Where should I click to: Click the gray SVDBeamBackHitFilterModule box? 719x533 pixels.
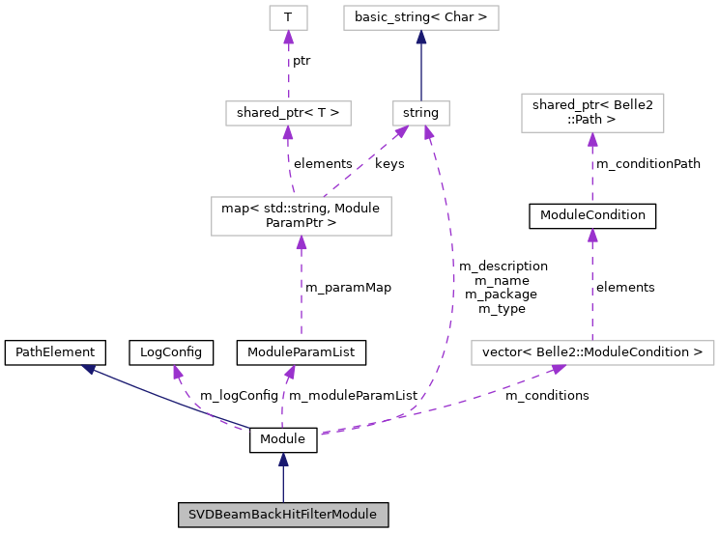(283, 515)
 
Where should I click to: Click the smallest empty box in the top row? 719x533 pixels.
(288, 17)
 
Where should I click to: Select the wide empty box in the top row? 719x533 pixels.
(421, 17)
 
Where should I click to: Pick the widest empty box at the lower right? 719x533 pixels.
(592, 352)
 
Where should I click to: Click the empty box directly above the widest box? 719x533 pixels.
(592, 113)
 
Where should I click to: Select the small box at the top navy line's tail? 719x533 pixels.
(421, 113)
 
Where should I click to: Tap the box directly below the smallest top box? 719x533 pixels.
(288, 113)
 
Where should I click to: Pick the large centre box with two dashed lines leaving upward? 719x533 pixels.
(302, 215)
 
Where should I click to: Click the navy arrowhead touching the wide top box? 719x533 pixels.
(421, 38)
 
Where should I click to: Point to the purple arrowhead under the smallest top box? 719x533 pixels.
(288, 38)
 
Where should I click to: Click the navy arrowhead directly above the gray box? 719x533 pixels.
(283, 460)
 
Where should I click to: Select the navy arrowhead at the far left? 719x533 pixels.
(88, 369)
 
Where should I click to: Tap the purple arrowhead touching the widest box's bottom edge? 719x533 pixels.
(558, 370)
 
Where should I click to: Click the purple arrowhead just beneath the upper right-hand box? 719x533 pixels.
(592, 140)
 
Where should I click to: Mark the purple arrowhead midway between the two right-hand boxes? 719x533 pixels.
(592, 236)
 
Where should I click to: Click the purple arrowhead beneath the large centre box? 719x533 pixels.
(302, 243)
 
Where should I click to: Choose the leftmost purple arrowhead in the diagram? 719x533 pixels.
(178, 372)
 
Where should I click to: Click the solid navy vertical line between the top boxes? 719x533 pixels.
(421, 72)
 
